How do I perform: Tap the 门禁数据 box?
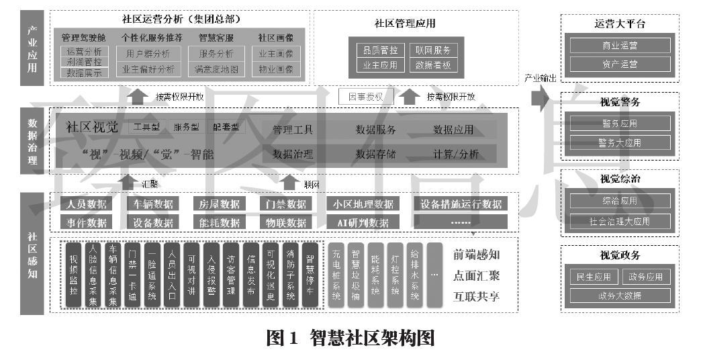[286, 204]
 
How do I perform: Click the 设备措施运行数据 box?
[461, 204]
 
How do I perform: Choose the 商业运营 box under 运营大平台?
[620, 46]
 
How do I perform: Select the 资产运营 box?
[620, 64]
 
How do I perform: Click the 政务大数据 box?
[620, 296]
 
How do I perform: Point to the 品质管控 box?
[381, 50]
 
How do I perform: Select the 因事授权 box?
[365, 97]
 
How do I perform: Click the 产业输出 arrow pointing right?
[540, 97]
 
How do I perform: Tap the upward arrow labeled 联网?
[289, 181]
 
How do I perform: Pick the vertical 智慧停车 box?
[310, 275]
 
